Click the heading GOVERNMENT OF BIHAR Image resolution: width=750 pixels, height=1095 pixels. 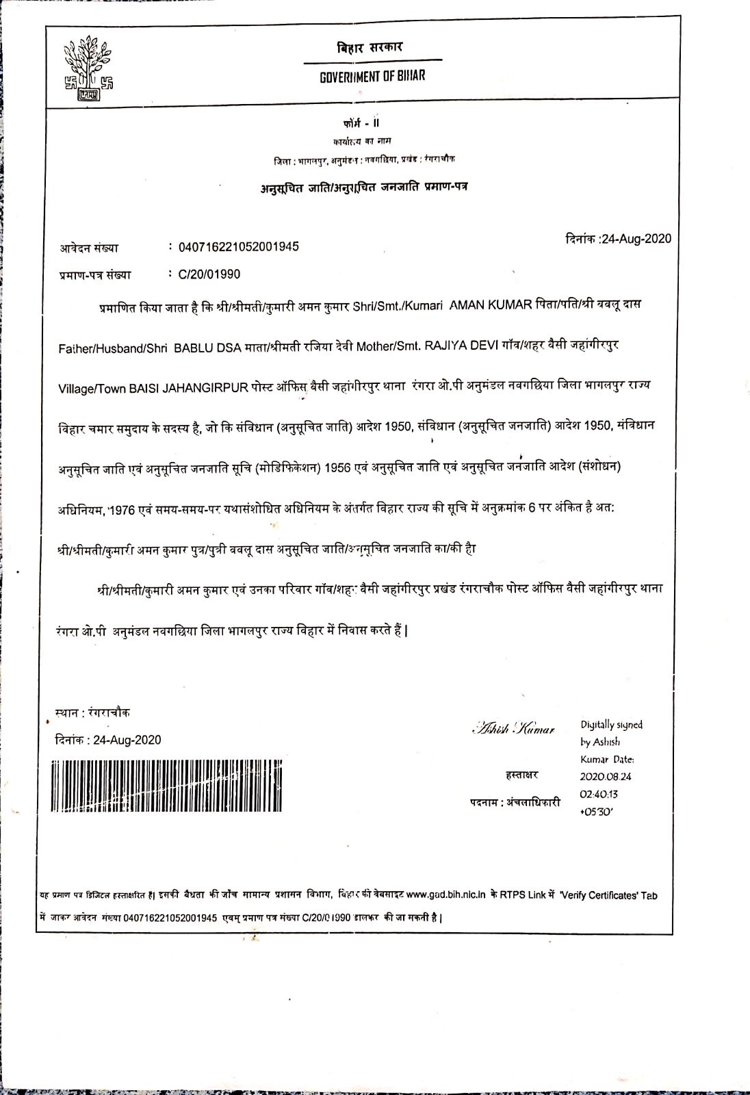(x=372, y=76)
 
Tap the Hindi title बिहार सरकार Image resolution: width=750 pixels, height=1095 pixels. (x=370, y=48)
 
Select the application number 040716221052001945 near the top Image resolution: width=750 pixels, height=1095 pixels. (x=238, y=247)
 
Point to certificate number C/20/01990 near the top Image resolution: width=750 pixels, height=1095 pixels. (x=209, y=274)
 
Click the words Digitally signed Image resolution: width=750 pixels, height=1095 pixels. (x=612, y=725)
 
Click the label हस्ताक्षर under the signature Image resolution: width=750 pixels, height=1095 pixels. (x=521, y=775)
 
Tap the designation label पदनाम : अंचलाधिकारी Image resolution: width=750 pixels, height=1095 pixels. (x=515, y=802)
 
